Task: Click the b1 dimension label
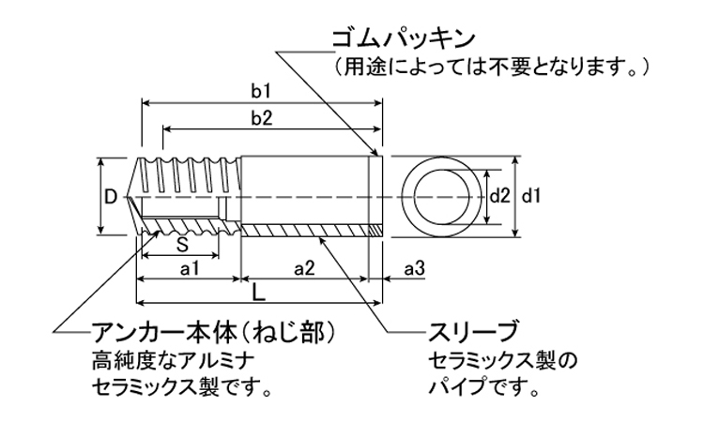[261, 92]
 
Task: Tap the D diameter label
[110, 197]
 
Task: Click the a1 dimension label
[189, 270]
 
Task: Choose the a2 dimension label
[303, 270]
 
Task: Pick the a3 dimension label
[414, 270]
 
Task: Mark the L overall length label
[259, 292]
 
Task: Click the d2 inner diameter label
[499, 196]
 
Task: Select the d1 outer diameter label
[531, 196]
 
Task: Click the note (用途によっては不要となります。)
[490, 68]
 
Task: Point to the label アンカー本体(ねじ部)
[214, 333]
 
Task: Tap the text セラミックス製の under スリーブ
[501, 360]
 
